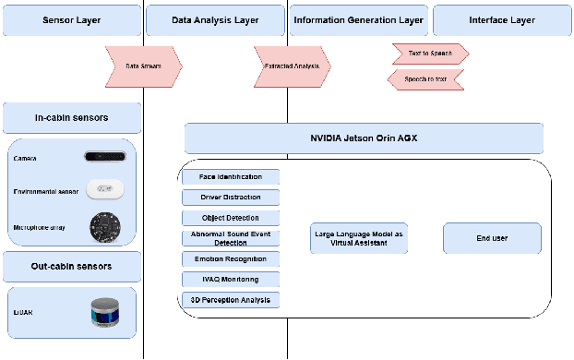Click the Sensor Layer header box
tap(71, 18)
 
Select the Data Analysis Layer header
tap(215, 18)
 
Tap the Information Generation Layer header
tap(358, 18)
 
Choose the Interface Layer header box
tap(501, 18)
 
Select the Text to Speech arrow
tap(430, 54)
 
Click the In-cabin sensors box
tap(71, 117)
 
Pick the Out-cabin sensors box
tap(71, 266)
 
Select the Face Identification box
tap(230, 176)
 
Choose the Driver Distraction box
tap(230, 197)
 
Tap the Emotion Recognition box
tap(230, 258)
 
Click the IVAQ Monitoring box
tap(230, 279)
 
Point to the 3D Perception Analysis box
tap(230, 299)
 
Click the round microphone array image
tap(104, 226)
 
